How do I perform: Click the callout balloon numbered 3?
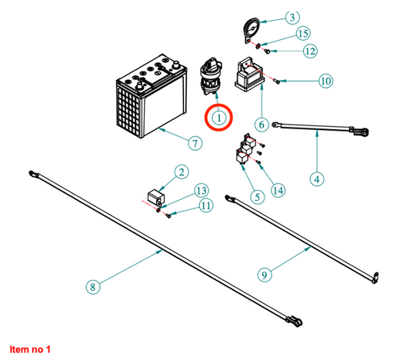292,18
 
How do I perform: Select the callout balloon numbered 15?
303,34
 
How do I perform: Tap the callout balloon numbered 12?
310,51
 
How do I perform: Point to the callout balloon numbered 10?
326,81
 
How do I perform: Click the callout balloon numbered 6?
262,125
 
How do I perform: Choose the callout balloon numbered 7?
195,143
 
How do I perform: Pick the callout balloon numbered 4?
317,179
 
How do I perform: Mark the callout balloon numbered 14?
278,190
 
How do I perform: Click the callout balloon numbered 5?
258,197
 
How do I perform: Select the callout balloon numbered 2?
182,172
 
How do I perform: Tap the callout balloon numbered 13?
202,191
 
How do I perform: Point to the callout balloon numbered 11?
206,205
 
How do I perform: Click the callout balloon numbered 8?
93,287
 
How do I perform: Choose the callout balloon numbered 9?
265,275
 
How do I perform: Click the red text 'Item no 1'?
30,349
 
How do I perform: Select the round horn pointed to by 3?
252,30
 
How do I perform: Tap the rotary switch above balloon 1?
212,76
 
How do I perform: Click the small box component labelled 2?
155,197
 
